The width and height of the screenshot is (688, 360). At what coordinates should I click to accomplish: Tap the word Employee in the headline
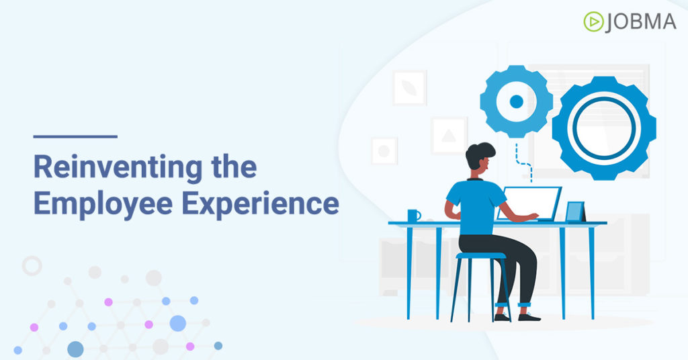[x=103, y=204]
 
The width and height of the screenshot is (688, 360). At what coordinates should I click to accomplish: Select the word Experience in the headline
[x=260, y=204]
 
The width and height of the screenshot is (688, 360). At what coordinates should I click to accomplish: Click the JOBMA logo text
[x=640, y=22]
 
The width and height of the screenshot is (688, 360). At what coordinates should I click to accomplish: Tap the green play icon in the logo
[x=594, y=22]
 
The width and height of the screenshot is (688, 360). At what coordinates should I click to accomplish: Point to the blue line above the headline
[x=75, y=136]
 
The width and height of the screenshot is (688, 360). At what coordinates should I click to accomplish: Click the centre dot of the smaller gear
[x=517, y=101]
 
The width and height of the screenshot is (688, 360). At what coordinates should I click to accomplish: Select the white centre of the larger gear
[x=604, y=128]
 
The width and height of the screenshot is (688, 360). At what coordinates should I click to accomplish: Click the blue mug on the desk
[x=414, y=216]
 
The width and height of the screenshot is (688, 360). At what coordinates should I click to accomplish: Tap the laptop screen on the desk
[x=529, y=204]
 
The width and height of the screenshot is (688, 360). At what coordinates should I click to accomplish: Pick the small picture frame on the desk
[x=575, y=212]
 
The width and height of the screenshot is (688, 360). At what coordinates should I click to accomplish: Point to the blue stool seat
[x=481, y=256]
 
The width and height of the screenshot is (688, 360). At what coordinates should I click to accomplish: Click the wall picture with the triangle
[x=449, y=136]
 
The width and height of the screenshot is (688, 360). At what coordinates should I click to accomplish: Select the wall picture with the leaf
[x=410, y=88]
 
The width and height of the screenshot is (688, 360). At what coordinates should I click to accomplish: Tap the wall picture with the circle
[x=384, y=151]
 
